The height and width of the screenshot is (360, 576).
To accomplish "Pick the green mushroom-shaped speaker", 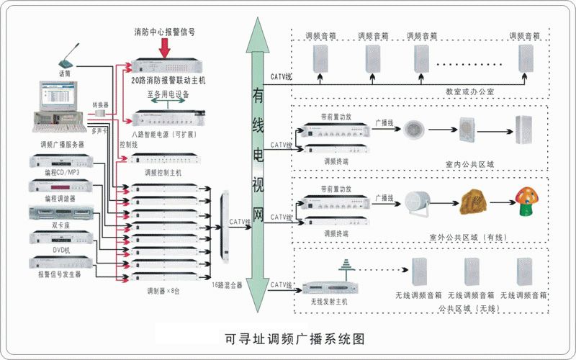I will [526, 201].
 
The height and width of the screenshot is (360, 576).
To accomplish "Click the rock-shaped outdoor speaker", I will [472, 202].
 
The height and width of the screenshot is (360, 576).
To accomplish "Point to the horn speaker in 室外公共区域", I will [418, 202].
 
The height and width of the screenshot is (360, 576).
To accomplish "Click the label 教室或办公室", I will [469, 92].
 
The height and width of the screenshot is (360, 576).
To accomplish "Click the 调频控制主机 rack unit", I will [164, 160].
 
